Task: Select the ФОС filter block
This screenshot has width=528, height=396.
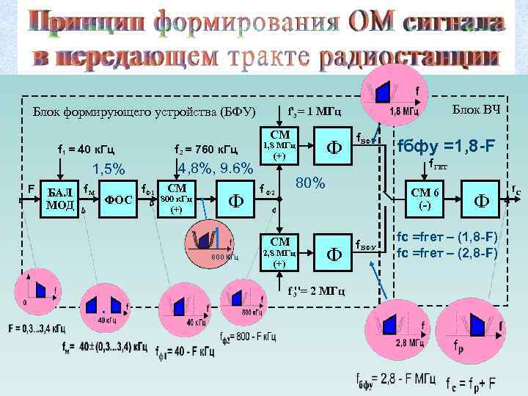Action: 119,199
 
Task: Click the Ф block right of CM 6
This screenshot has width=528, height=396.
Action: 481,199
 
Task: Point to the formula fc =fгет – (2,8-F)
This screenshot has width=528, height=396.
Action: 446,254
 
